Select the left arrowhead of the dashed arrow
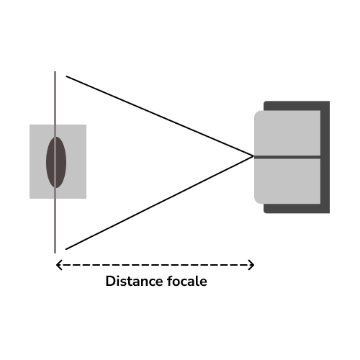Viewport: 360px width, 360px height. (59, 265)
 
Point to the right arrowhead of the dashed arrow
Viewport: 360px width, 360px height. (251, 265)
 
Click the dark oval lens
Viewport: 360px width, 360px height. (56, 162)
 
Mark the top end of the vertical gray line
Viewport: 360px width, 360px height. (55, 71)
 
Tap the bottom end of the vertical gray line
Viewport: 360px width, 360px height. (55, 253)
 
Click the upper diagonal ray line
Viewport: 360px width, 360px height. (160, 116)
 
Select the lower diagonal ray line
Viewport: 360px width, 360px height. (160, 203)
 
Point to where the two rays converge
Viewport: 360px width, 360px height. (253, 156)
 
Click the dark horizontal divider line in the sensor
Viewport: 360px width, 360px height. (287, 157)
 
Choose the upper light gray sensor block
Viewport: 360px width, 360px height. (287, 133)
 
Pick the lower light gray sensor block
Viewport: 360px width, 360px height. (287, 181)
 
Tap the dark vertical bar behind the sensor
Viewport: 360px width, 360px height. (325, 157)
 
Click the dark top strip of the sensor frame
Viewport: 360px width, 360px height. (297, 106)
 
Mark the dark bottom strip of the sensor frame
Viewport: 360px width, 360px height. (297, 208)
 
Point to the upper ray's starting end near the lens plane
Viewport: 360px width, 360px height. (66, 76)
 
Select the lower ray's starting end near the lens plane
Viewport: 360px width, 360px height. (66, 249)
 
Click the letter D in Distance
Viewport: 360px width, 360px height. (110, 281)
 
